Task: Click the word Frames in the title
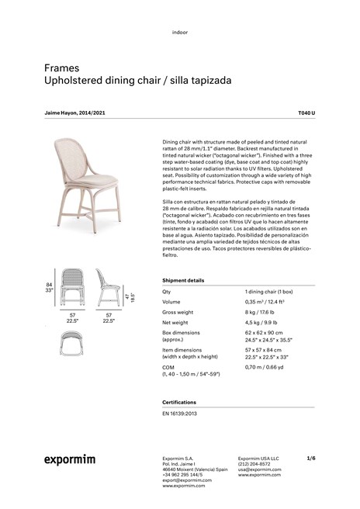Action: click(x=61, y=68)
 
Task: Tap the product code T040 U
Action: click(x=306, y=113)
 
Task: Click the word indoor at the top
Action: click(x=180, y=33)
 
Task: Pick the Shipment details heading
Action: click(x=183, y=280)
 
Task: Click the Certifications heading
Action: click(x=179, y=403)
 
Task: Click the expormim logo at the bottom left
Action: click(x=69, y=459)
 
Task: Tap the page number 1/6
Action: click(x=311, y=458)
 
